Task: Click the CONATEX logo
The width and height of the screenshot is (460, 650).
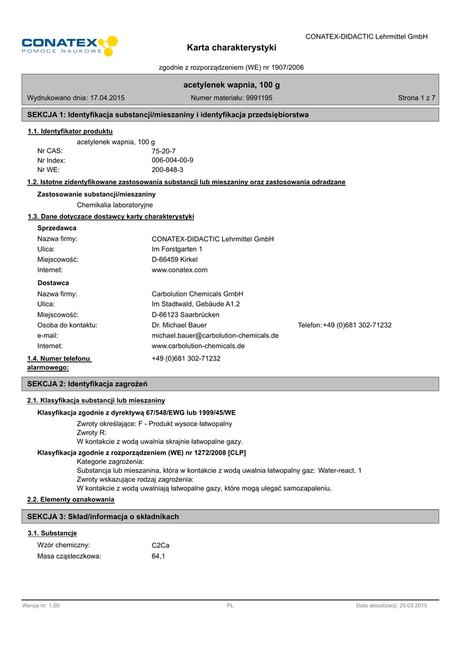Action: click(x=69, y=46)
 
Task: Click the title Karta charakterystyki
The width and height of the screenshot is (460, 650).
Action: click(x=231, y=48)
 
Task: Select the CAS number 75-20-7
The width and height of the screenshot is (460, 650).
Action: click(x=163, y=151)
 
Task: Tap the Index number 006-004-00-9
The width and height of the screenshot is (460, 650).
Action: click(x=172, y=161)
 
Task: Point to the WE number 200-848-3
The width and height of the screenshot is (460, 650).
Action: click(x=167, y=170)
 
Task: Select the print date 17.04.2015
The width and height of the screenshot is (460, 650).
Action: click(x=107, y=98)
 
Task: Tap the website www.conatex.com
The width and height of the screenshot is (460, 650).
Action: click(x=180, y=270)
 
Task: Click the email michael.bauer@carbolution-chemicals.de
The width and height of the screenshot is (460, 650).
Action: click(x=215, y=335)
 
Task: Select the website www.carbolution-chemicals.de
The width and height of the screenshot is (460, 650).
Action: click(x=198, y=346)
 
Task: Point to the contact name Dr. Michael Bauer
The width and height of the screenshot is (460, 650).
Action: click(x=179, y=325)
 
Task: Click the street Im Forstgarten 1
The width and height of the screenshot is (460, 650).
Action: click(x=177, y=249)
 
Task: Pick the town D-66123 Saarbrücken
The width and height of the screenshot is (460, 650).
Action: click(x=186, y=314)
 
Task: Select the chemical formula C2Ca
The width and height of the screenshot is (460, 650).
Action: click(x=160, y=545)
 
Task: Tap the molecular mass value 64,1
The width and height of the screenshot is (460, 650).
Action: click(x=158, y=556)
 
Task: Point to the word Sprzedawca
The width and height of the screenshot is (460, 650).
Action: click(x=57, y=227)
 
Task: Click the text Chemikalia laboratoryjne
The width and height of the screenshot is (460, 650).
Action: click(x=114, y=205)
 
